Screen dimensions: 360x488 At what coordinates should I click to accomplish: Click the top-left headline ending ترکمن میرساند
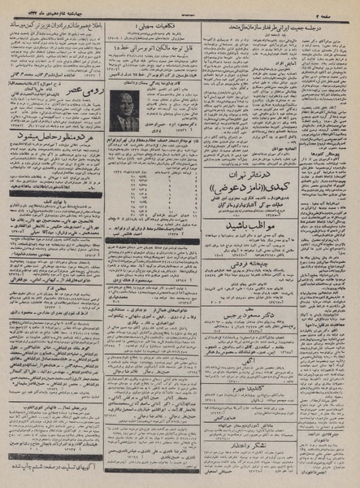point(54,24)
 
